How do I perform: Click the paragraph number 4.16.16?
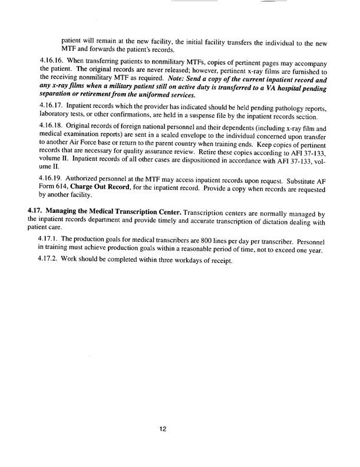(x=55, y=61)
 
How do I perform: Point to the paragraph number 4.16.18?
(x=55, y=127)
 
